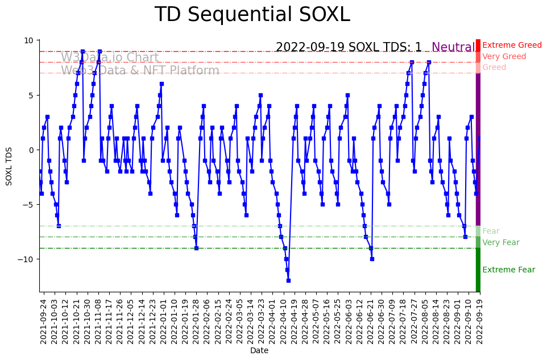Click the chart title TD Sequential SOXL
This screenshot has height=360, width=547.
(252, 15)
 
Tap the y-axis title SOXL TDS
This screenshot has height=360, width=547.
(9, 166)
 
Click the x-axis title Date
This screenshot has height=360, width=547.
(259, 351)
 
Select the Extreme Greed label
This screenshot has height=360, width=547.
(512, 45)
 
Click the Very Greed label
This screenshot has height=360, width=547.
(504, 57)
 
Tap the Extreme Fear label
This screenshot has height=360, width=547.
(508, 270)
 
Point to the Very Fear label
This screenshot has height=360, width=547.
(500, 243)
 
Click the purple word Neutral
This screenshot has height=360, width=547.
(453, 48)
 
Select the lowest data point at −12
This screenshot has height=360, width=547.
(288, 280)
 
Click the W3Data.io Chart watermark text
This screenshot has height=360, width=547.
(110, 58)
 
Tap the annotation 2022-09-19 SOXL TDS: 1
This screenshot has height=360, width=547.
(349, 48)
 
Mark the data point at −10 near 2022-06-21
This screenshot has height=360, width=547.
(372, 259)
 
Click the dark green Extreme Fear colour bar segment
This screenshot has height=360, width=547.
(478, 270)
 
